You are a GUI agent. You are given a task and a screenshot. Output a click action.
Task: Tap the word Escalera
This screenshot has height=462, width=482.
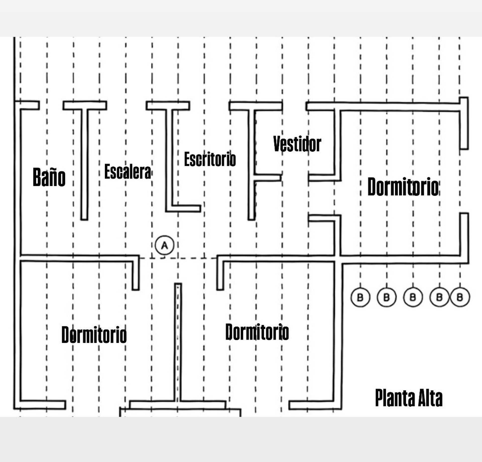128,172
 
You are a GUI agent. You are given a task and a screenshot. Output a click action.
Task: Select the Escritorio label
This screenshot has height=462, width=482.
210,159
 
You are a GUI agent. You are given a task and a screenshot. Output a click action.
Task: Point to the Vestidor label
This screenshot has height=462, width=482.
297,144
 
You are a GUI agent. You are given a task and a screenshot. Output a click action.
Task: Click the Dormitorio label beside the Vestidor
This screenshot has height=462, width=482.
403,187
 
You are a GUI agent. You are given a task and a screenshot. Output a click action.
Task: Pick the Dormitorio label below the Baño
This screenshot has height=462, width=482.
94,335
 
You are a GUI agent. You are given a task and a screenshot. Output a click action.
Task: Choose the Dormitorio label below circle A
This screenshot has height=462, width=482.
257,332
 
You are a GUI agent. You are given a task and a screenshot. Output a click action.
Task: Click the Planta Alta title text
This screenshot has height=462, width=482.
409,398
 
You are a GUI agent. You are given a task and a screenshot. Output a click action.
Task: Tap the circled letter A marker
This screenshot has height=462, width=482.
164,245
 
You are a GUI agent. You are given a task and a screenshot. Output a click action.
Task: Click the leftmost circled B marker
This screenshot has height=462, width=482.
360,297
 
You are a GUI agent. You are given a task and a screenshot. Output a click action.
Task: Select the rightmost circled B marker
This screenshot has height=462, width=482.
460,297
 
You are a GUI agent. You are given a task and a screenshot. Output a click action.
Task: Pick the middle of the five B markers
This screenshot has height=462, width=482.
413,297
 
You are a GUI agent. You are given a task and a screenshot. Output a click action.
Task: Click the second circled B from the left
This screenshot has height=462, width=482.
387,297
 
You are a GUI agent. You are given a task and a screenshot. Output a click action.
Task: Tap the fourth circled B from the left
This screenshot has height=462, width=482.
439,297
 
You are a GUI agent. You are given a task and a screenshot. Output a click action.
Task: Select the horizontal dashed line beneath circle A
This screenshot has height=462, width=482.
178,258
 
